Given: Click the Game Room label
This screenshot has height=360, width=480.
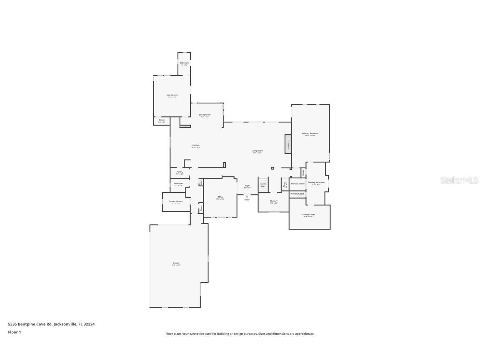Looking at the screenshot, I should click(172, 95).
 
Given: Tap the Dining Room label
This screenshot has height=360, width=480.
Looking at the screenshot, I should click(205, 115).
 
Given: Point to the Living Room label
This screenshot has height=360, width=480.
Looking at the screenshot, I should click(257, 151).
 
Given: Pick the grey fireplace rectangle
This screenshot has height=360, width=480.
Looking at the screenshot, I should click(288, 143).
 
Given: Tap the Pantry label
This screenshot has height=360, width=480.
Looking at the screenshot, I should click(180, 172).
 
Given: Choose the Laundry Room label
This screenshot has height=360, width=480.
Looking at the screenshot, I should click(175, 201).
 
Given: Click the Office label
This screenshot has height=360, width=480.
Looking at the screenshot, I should click(220, 197).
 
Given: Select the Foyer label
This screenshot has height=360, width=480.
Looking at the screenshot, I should click(247, 186).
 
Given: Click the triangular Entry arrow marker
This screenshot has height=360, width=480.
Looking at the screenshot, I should click(247, 196).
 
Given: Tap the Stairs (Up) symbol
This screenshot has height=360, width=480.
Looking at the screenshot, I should click(263, 184).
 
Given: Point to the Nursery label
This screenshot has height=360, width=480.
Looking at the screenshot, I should click(274, 201).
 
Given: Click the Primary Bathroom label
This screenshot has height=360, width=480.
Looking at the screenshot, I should click(316, 182).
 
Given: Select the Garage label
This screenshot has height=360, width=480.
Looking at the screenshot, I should click(176, 263).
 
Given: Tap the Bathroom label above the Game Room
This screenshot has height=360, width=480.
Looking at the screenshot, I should click(184, 63).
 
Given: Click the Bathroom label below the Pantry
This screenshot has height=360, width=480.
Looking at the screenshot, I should click(178, 183).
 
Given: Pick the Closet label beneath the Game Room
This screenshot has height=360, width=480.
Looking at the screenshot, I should click(161, 120).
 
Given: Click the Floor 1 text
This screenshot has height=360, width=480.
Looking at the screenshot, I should click(14, 332).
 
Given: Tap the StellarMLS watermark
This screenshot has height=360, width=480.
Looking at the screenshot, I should click(459, 180).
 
